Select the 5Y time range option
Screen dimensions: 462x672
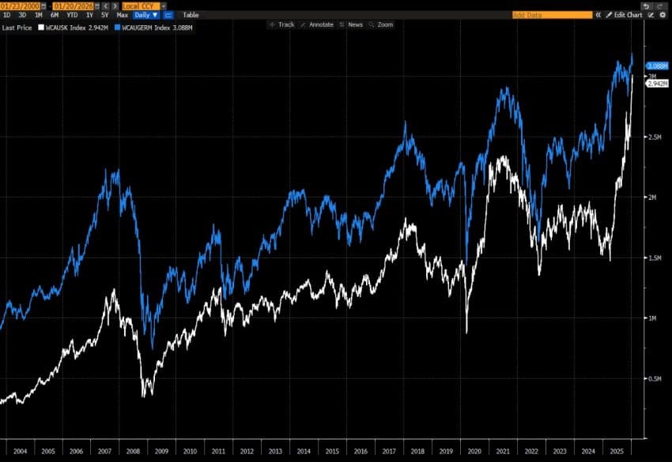104,15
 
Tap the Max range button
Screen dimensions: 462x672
122,15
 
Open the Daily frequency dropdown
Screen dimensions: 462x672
145,15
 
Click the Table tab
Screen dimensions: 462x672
191,15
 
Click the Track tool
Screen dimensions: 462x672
282,24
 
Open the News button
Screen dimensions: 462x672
351,24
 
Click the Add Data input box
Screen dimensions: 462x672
552,15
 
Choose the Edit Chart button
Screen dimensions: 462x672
625,15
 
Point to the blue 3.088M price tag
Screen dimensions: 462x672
657,66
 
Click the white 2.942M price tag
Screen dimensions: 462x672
657,84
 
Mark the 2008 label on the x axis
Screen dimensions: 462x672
132,451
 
